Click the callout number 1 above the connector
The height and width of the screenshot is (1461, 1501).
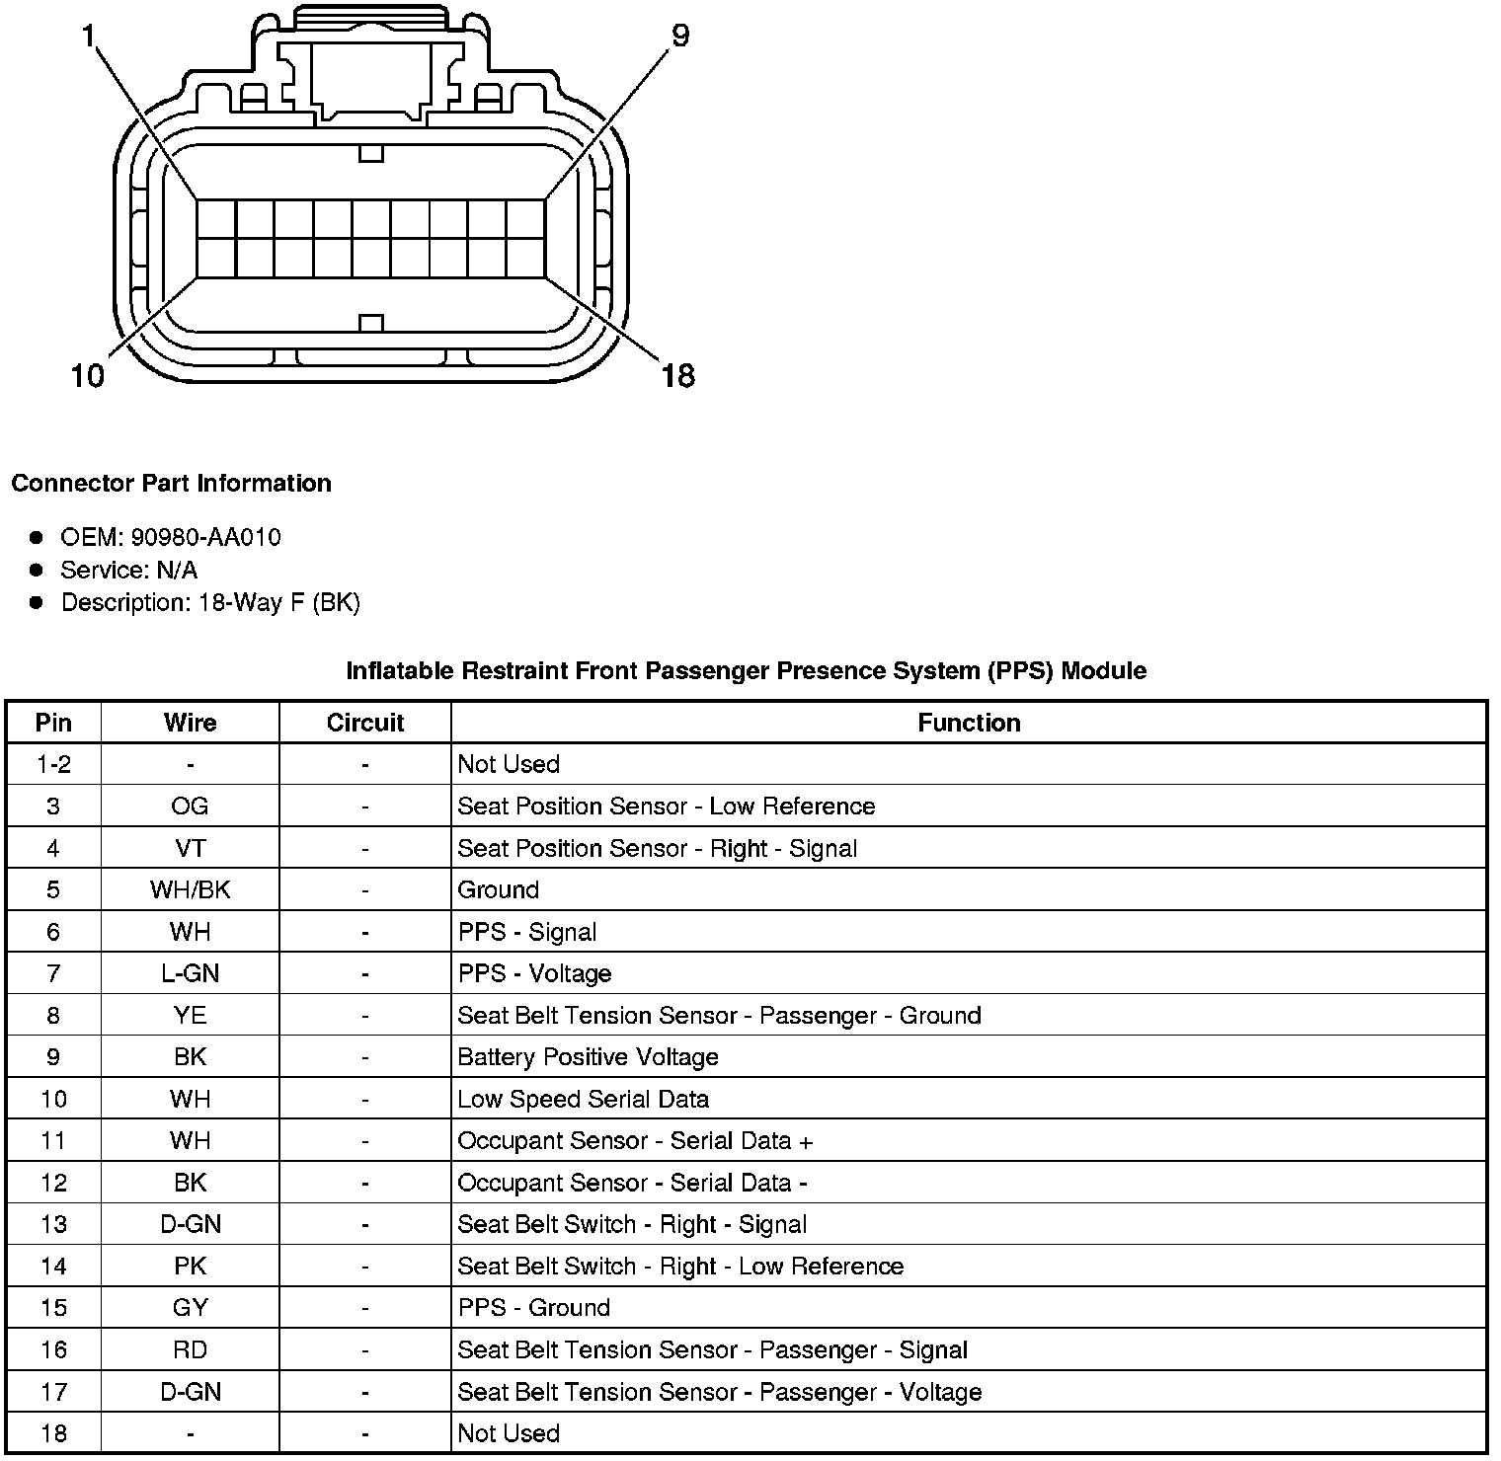90,38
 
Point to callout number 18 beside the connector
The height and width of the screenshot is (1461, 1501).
678,375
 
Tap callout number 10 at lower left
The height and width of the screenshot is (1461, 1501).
88,375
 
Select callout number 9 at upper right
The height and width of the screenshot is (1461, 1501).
680,37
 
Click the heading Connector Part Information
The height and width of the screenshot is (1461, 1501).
171,483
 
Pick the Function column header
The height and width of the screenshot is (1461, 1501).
968,723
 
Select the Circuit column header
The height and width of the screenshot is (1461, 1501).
364,723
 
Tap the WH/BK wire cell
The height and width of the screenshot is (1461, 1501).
190,889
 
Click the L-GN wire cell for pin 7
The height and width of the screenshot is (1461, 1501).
190,973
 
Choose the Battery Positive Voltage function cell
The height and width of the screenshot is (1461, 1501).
588,1057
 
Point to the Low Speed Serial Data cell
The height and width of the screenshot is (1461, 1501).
583,1099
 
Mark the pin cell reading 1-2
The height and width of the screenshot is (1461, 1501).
53,764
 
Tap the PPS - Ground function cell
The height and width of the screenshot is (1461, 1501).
533,1308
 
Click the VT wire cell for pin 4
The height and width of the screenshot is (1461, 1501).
190,848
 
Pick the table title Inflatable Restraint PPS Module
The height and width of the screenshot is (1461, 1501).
746,671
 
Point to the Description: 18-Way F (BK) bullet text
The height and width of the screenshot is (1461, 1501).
210,602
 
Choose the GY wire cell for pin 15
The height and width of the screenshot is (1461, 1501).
190,1308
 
